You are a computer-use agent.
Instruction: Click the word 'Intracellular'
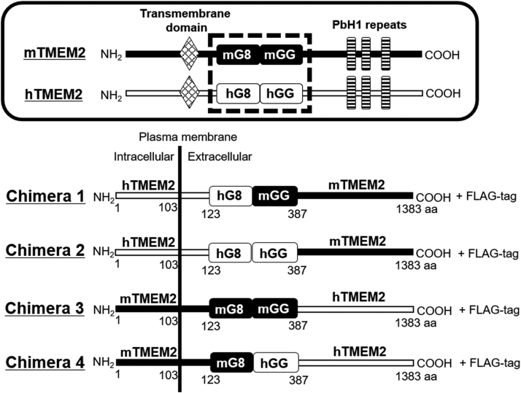(x=144, y=157)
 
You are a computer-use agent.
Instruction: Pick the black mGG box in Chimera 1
(x=274, y=196)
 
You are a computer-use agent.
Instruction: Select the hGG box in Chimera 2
(x=274, y=252)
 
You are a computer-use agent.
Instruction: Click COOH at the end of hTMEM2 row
(x=444, y=93)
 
